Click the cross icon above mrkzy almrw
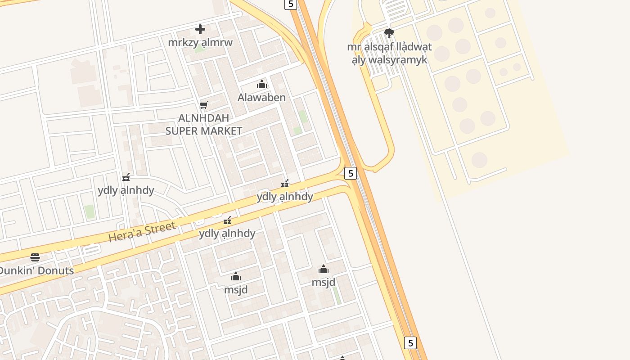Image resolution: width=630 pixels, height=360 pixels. [x=200, y=30]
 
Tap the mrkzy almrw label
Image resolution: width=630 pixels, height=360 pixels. [x=200, y=43]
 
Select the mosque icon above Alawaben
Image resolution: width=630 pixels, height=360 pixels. [x=262, y=84]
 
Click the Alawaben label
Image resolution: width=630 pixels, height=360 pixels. [x=261, y=97]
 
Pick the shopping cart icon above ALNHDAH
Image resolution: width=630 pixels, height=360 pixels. [x=204, y=105]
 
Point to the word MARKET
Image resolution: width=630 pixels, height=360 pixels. [x=224, y=131]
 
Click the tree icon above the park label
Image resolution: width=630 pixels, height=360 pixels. [x=389, y=33]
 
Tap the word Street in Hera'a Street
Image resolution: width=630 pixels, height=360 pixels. [x=160, y=227]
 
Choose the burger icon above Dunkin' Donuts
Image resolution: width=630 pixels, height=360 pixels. [x=35, y=257]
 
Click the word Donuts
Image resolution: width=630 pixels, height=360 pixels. [x=56, y=271]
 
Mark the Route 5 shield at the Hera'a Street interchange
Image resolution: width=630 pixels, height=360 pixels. [x=351, y=173]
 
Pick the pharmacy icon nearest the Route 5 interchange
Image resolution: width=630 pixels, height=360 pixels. [x=285, y=184]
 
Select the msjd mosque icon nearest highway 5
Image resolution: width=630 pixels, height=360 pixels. [x=324, y=270]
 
